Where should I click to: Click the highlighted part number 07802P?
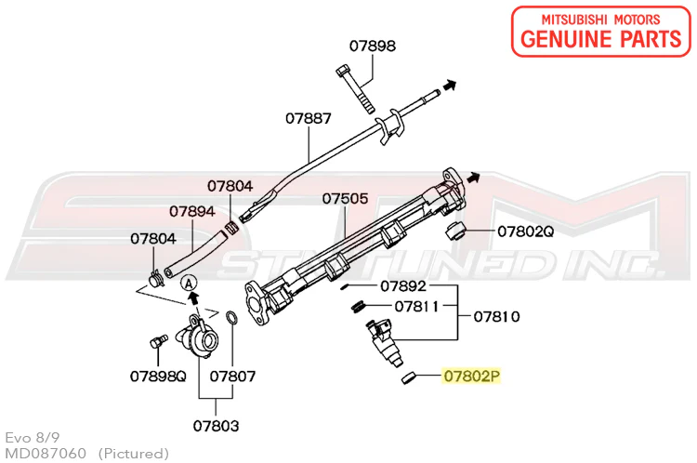click(x=471, y=377)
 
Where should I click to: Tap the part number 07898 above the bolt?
click(x=372, y=46)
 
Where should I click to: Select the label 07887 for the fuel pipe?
click(x=308, y=118)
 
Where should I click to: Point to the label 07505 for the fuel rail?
click(x=345, y=198)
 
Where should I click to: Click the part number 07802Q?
click(x=525, y=231)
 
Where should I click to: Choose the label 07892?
click(x=403, y=286)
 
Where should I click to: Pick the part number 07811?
click(x=416, y=307)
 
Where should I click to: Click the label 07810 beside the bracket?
click(x=496, y=317)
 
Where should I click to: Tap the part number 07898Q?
click(x=158, y=377)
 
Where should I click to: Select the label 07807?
click(x=232, y=377)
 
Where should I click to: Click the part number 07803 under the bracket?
click(x=216, y=426)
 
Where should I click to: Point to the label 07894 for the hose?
click(x=192, y=211)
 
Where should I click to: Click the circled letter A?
click(x=190, y=283)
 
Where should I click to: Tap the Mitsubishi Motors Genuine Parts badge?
click(x=601, y=31)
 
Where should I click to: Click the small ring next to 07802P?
click(x=409, y=378)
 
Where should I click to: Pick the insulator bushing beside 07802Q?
click(x=454, y=230)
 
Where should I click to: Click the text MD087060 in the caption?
click(x=46, y=453)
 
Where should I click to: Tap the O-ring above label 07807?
click(x=232, y=319)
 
